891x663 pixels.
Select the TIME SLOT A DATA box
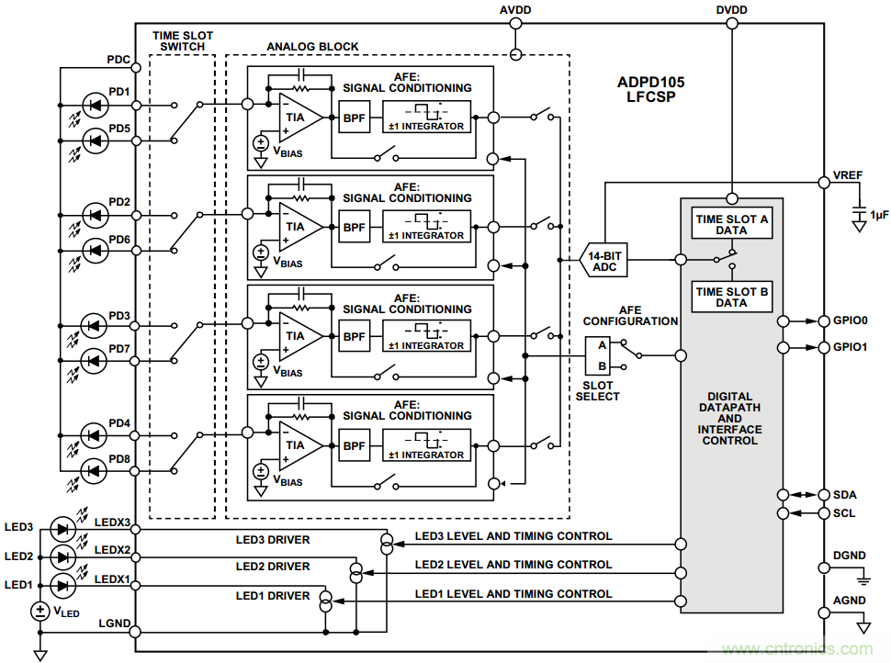[732, 225]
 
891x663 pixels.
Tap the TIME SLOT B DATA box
[732, 298]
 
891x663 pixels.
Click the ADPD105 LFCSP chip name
[650, 88]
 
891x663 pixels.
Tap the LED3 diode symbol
[62, 528]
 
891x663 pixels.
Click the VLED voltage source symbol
[40, 611]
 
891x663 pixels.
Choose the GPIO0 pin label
[851, 321]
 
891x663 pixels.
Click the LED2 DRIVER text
[273, 567]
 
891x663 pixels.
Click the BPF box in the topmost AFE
[354, 118]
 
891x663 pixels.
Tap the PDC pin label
[118, 62]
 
